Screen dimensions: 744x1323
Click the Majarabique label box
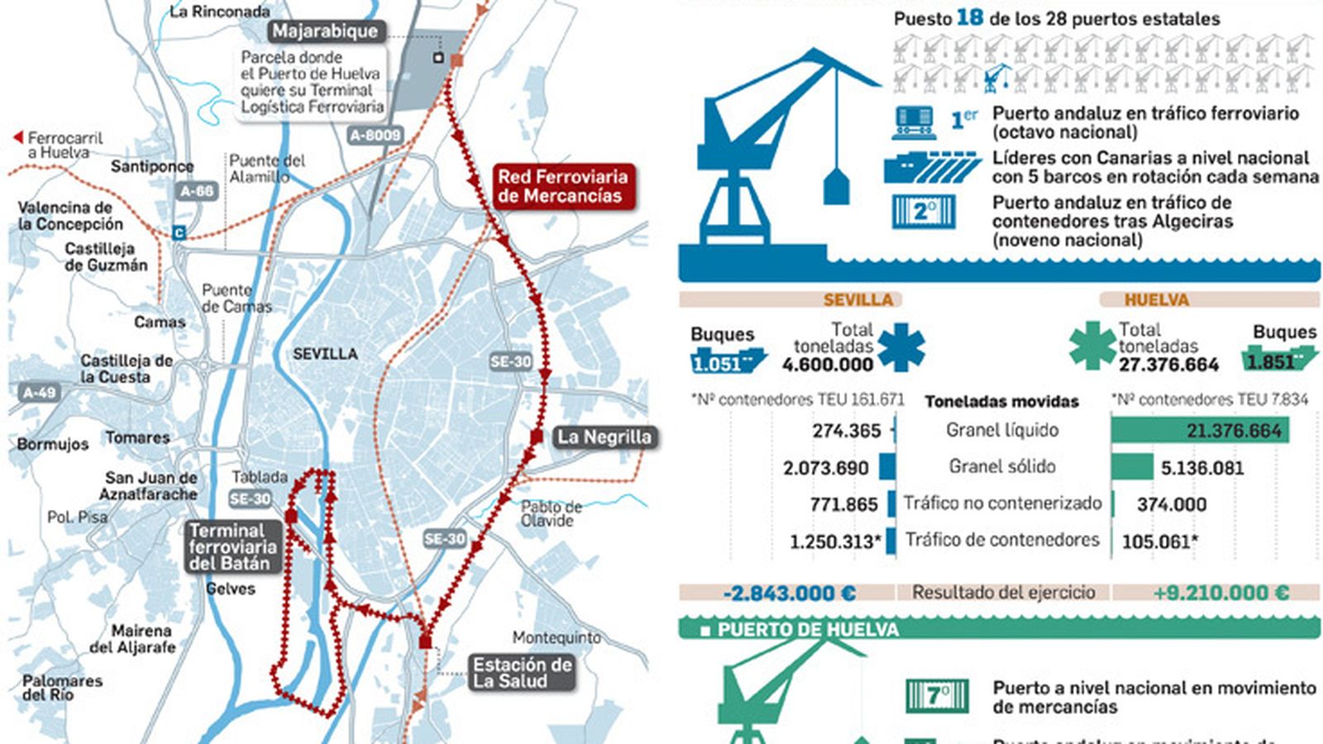point(325,31)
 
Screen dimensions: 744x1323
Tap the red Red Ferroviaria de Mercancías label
point(562,187)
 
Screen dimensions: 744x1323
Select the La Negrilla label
point(604,436)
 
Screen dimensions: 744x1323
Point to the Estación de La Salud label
point(522,673)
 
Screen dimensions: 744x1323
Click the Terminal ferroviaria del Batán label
point(232,546)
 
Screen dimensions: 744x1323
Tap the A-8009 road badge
point(375,135)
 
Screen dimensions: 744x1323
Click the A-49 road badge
point(40,393)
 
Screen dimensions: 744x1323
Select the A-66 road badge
point(197,191)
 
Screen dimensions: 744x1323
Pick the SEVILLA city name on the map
point(325,354)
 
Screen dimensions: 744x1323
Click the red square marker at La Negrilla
point(537,436)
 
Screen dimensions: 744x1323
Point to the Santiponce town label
point(152,166)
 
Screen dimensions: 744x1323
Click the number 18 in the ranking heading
point(969,18)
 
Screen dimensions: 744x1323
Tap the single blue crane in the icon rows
point(998,79)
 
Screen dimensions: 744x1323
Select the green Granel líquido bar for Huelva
point(1199,430)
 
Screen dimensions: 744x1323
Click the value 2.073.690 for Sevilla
point(825,468)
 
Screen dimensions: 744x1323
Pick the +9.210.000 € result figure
point(1220,593)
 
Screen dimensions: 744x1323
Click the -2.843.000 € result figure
point(789,593)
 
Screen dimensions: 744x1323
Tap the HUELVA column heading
point(1156,299)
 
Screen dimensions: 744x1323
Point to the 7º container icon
point(937,695)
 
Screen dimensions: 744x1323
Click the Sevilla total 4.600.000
point(828,365)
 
